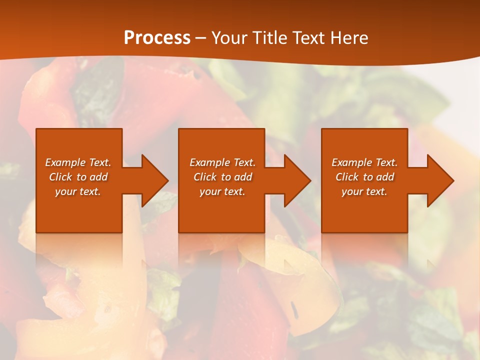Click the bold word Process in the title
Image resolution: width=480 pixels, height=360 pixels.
[x=157, y=38]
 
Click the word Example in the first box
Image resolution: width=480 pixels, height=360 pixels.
[x=65, y=162]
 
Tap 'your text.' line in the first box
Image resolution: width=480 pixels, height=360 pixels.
[x=78, y=191]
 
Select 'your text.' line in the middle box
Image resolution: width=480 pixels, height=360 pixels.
[x=222, y=191]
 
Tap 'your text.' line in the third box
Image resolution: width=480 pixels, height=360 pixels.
[x=364, y=191]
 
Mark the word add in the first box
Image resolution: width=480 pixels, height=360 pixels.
[x=98, y=177]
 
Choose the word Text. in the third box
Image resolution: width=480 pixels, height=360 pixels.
[x=386, y=162]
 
